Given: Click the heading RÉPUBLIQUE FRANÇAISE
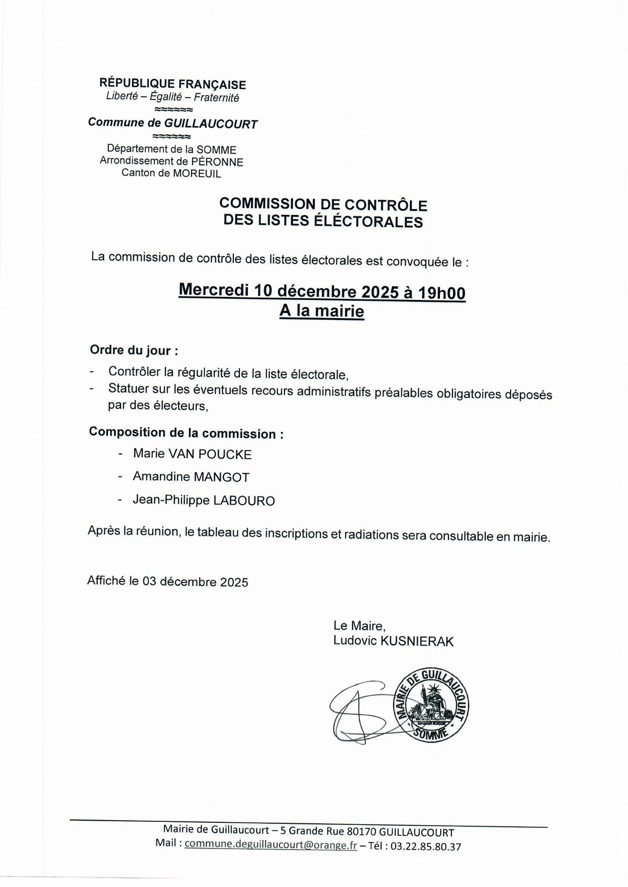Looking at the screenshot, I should tap(173, 84).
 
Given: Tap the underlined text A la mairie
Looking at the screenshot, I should tap(322, 311).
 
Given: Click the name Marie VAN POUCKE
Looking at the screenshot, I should tap(192, 454).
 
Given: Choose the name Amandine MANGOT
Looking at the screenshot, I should tap(191, 476).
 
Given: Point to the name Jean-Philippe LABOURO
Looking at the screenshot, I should tap(203, 500).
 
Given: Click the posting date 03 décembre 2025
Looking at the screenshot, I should tap(195, 582).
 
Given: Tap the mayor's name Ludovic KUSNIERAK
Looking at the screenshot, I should tap(393, 641).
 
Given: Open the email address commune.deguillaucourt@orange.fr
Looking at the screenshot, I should tap(271, 845).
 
